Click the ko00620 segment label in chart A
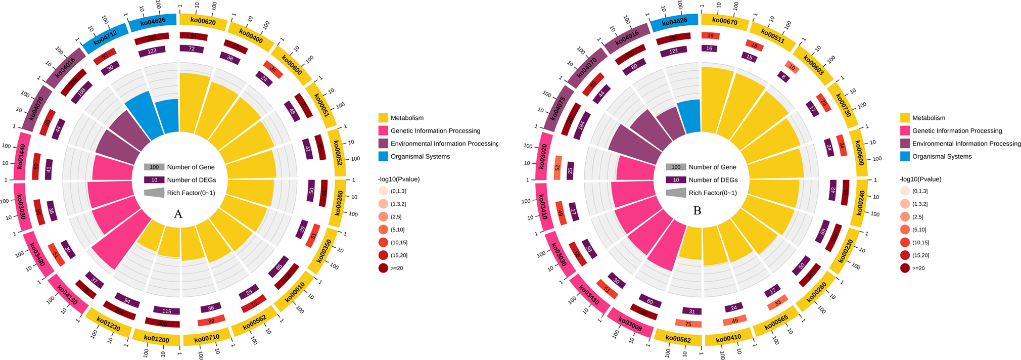(203, 22)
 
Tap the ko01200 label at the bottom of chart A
(156, 339)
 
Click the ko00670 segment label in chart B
(724, 22)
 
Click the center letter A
(178, 214)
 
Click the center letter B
(697, 211)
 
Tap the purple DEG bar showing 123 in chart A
(152, 51)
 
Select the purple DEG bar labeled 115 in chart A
(167, 311)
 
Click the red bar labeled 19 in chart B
(710, 36)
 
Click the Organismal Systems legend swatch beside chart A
(383, 156)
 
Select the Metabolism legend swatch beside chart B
(905, 118)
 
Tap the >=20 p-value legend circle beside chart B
(905, 268)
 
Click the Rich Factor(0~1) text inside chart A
(191, 193)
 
